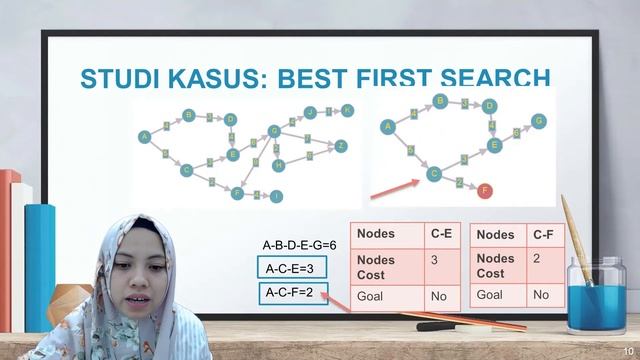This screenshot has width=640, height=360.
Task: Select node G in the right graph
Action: (539, 121)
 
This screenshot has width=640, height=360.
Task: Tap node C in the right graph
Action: (434, 173)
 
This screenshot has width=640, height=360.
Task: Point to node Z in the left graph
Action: (341, 146)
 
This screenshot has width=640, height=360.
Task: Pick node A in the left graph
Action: (144, 136)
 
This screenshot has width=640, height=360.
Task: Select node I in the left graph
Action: (277, 196)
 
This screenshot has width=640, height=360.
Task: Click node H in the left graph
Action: (279, 165)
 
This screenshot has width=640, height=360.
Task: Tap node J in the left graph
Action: (311, 112)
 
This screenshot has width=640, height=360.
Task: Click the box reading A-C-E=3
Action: (290, 268)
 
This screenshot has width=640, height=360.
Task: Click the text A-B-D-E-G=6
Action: (299, 244)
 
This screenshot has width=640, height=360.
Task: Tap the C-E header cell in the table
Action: (442, 235)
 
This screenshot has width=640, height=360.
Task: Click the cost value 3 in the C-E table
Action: (435, 259)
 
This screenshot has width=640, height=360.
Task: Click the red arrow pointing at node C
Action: (394, 187)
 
